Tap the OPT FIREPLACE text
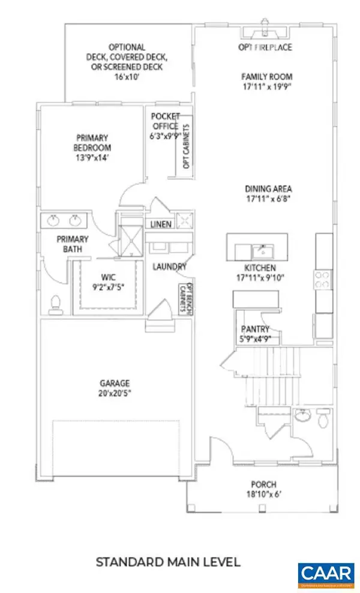point(265,47)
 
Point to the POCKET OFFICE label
point(165,121)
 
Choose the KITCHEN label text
point(260,267)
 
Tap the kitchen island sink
point(260,247)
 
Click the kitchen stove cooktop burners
point(323,280)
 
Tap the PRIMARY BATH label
point(73,244)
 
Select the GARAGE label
point(115,382)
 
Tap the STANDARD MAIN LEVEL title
point(168,562)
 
